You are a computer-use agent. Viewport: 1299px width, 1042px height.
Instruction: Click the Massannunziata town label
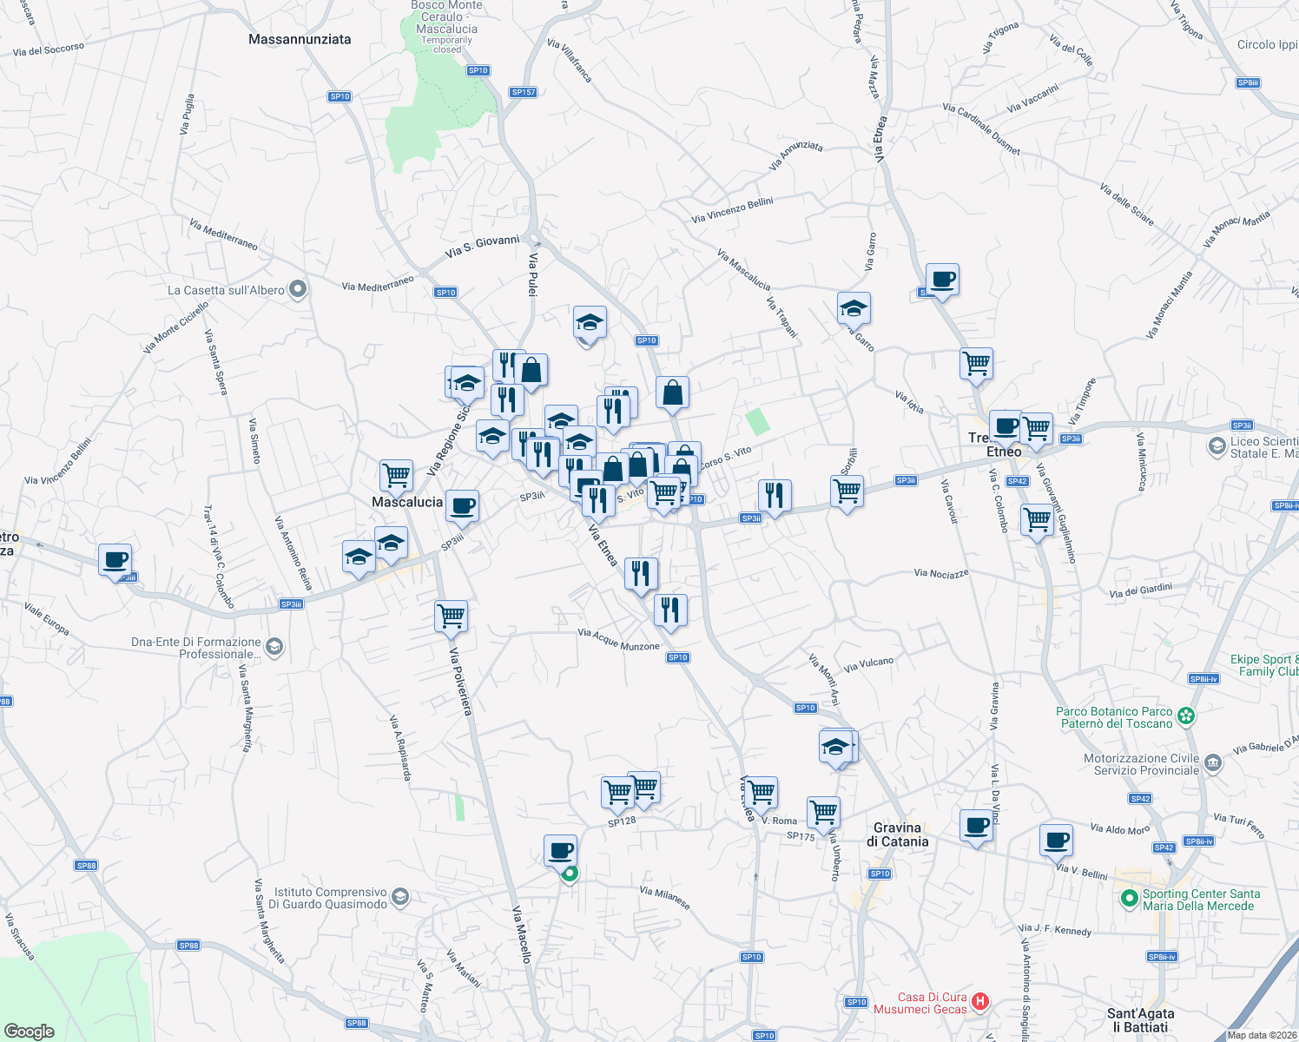click(x=300, y=39)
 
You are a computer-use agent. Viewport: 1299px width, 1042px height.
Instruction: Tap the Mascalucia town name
click(x=407, y=502)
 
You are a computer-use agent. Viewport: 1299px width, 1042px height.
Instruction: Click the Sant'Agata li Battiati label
click(x=1140, y=1020)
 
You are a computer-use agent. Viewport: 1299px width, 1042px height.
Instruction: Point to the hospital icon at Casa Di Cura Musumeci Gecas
click(x=980, y=1002)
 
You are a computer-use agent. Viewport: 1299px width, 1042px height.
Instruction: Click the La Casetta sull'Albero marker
click(x=298, y=289)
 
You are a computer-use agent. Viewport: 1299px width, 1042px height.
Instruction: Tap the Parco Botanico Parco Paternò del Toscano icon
click(x=1186, y=716)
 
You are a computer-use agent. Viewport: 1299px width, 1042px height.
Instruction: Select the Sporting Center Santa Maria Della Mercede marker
click(x=1129, y=899)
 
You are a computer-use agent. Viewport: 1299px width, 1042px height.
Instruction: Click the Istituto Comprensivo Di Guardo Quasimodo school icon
click(x=399, y=897)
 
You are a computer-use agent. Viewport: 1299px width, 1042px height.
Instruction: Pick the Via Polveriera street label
click(x=461, y=682)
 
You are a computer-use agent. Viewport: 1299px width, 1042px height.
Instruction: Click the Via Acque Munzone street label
click(x=619, y=640)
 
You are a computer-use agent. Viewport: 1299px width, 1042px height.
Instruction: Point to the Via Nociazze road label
click(x=941, y=573)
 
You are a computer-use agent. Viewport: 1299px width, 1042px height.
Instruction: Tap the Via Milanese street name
click(x=665, y=897)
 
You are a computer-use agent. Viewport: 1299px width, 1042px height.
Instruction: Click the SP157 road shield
click(x=524, y=92)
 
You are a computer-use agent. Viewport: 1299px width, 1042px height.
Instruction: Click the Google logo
click(x=30, y=1032)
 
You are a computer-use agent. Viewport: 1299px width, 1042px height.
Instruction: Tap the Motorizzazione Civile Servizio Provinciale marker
click(x=1213, y=763)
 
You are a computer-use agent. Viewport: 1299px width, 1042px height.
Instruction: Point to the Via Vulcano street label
click(x=868, y=664)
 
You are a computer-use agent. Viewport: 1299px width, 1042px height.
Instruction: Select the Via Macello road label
click(x=522, y=934)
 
